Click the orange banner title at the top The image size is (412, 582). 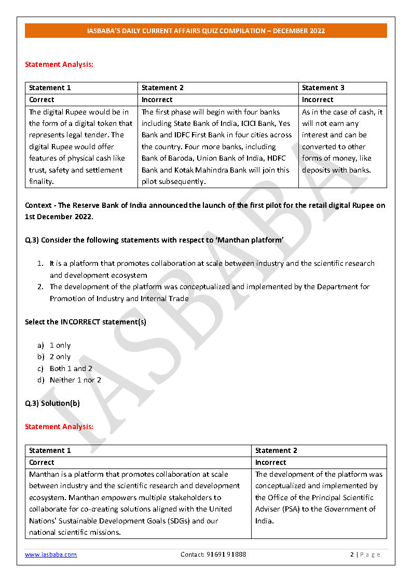coord(206,31)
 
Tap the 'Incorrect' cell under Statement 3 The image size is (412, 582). coord(318,100)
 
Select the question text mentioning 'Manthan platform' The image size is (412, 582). coord(154,240)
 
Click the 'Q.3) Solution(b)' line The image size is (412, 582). coord(52,403)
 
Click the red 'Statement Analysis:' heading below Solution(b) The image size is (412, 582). coord(59,427)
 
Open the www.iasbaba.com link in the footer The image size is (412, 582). coord(51,555)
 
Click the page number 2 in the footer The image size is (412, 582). coord(352,555)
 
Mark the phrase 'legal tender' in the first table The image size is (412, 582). coord(91,135)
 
